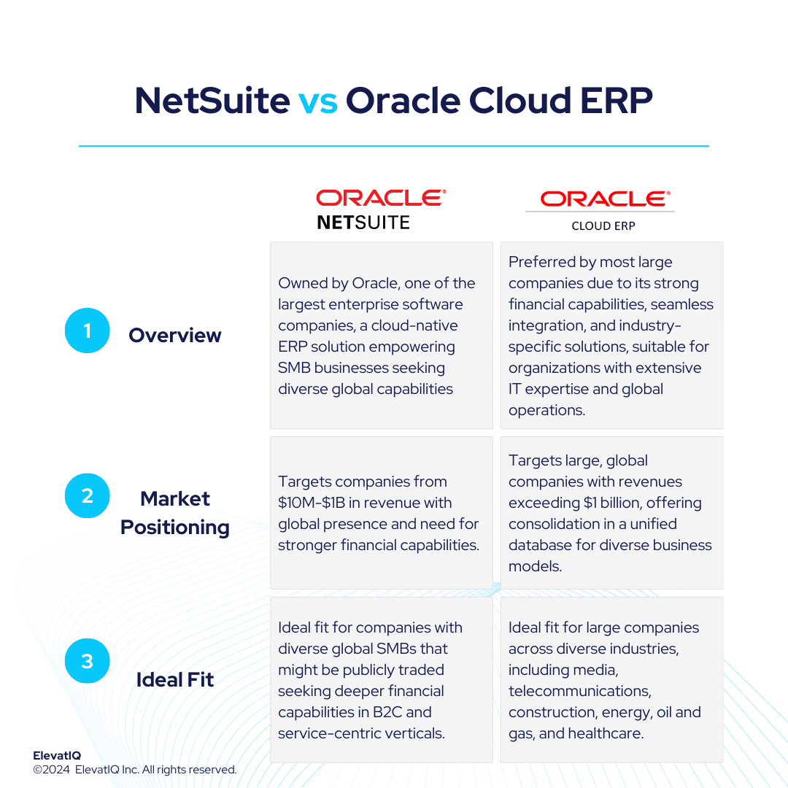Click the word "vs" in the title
click(x=317, y=101)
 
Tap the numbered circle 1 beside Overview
click(x=87, y=331)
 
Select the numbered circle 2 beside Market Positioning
click(x=87, y=495)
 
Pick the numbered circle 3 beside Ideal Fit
click(x=87, y=661)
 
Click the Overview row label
click(x=174, y=335)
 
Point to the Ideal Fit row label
click(x=175, y=679)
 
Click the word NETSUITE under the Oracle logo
click(x=363, y=222)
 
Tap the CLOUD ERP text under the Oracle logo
click(x=603, y=226)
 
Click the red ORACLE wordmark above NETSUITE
click(x=380, y=198)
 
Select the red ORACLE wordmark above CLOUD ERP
click(x=604, y=198)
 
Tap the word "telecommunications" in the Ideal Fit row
click(x=579, y=691)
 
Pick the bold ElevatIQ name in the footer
click(x=57, y=756)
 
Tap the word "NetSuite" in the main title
click(x=212, y=101)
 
